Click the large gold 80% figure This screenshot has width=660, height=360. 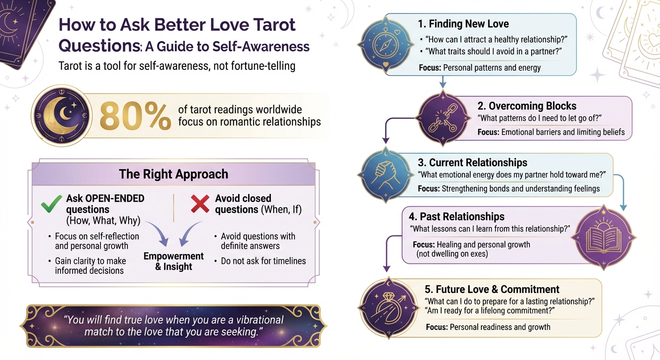point(135,115)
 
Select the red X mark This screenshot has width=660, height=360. point(200,204)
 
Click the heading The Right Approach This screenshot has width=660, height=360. point(173,174)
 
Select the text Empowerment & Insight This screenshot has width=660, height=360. point(173,262)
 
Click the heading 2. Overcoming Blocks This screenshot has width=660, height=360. point(527,105)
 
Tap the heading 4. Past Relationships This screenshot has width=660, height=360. point(456,217)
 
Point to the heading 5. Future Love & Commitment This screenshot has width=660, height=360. point(491,289)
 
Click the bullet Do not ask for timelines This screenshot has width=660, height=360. point(263,261)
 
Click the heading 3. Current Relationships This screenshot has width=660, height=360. point(472,163)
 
